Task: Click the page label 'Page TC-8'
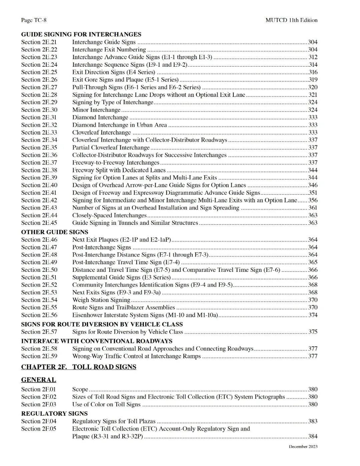tap(34, 20)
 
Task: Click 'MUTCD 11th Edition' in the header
tap(291, 20)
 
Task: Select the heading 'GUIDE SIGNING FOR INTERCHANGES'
tap(81, 34)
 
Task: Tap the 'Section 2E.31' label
tap(39, 117)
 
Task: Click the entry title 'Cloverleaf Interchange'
tap(101, 132)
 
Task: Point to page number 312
tap(313, 57)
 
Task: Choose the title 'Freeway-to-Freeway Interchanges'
tap(116, 162)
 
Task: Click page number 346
tap(313, 185)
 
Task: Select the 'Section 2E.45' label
tap(39, 223)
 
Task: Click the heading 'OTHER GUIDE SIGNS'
tap(55, 232)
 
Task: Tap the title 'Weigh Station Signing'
tap(101, 300)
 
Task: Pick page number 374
tap(313, 315)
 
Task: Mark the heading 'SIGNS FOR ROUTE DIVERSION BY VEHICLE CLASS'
tap(102, 324)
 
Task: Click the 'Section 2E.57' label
tap(39, 332)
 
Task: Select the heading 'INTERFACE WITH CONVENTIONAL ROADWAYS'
tap(97, 341)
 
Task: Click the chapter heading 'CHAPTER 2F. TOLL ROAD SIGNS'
tap(79, 367)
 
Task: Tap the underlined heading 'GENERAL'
tap(39, 380)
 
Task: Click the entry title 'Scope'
tap(80, 389)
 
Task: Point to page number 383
tap(313, 421)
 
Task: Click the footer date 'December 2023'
tap(303, 447)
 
